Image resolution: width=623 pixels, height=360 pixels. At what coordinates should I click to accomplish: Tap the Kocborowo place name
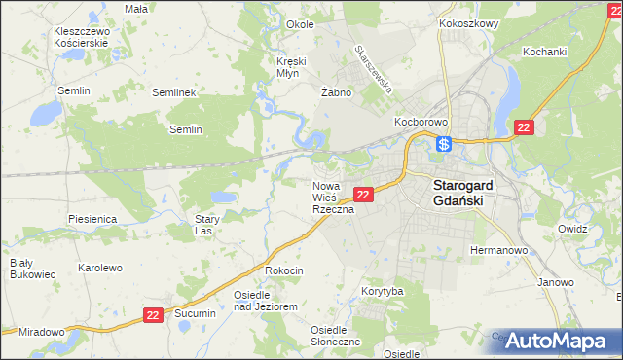pos(420,122)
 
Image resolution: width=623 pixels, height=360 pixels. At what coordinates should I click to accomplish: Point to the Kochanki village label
pos(544,51)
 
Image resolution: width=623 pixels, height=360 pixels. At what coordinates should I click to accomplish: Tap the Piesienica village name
pos(92,219)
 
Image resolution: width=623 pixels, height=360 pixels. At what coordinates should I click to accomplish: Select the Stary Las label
pos(203,226)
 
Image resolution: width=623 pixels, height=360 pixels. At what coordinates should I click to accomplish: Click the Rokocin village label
pos(284,270)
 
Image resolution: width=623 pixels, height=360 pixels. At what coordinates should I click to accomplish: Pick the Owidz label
pos(571,228)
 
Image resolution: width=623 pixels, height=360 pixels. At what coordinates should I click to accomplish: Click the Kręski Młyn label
pos(291,66)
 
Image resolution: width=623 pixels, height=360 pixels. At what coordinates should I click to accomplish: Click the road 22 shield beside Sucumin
pos(153,314)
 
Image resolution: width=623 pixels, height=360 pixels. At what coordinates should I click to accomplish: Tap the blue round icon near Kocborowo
pos(443,145)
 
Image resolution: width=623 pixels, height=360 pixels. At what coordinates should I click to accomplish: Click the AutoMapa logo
pos(557,341)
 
